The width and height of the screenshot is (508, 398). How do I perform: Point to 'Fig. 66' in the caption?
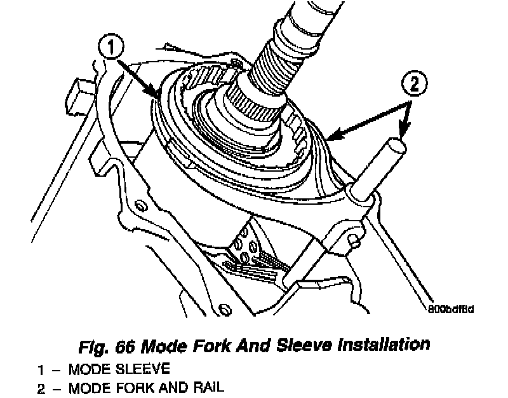[106, 346]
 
